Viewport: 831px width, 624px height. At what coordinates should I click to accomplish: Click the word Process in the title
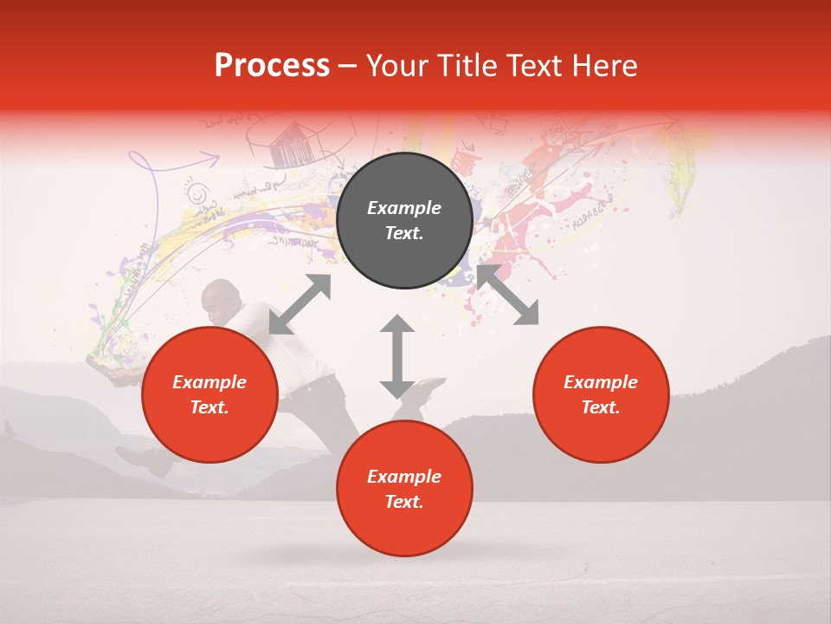[x=272, y=65]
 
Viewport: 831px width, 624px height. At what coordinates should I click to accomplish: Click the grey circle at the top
[x=404, y=221]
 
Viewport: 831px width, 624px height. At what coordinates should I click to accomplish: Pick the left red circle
[x=209, y=394]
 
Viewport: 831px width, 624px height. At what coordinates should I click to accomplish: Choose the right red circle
[x=601, y=394]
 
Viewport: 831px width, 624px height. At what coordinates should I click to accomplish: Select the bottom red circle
[x=404, y=489]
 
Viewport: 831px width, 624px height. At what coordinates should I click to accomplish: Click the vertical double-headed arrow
[x=397, y=356]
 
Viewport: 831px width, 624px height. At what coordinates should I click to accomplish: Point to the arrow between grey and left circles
[x=300, y=304]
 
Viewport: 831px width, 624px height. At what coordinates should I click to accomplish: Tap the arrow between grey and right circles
[x=507, y=296]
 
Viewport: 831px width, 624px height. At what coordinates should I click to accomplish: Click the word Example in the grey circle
[x=404, y=208]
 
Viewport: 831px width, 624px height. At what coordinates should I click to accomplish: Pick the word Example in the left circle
[x=209, y=382]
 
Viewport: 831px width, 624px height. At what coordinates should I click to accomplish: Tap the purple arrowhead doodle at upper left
[x=209, y=159]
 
